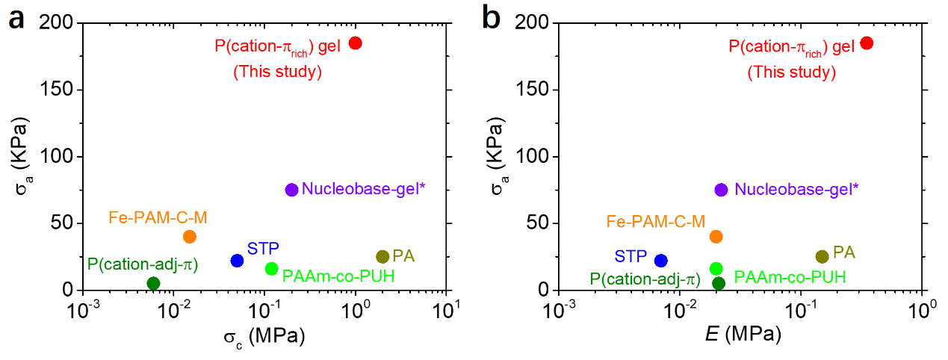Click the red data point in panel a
pos(356,43)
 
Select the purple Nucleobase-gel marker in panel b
pos(721,190)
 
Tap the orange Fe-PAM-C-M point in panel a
pos(190,237)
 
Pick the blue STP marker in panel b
pos(660,261)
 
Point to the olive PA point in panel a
pos(382,256)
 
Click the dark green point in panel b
pos(719,283)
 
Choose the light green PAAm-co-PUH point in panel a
pos(271,269)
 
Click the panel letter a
pos(16,19)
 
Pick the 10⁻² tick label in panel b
pos(679,308)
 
